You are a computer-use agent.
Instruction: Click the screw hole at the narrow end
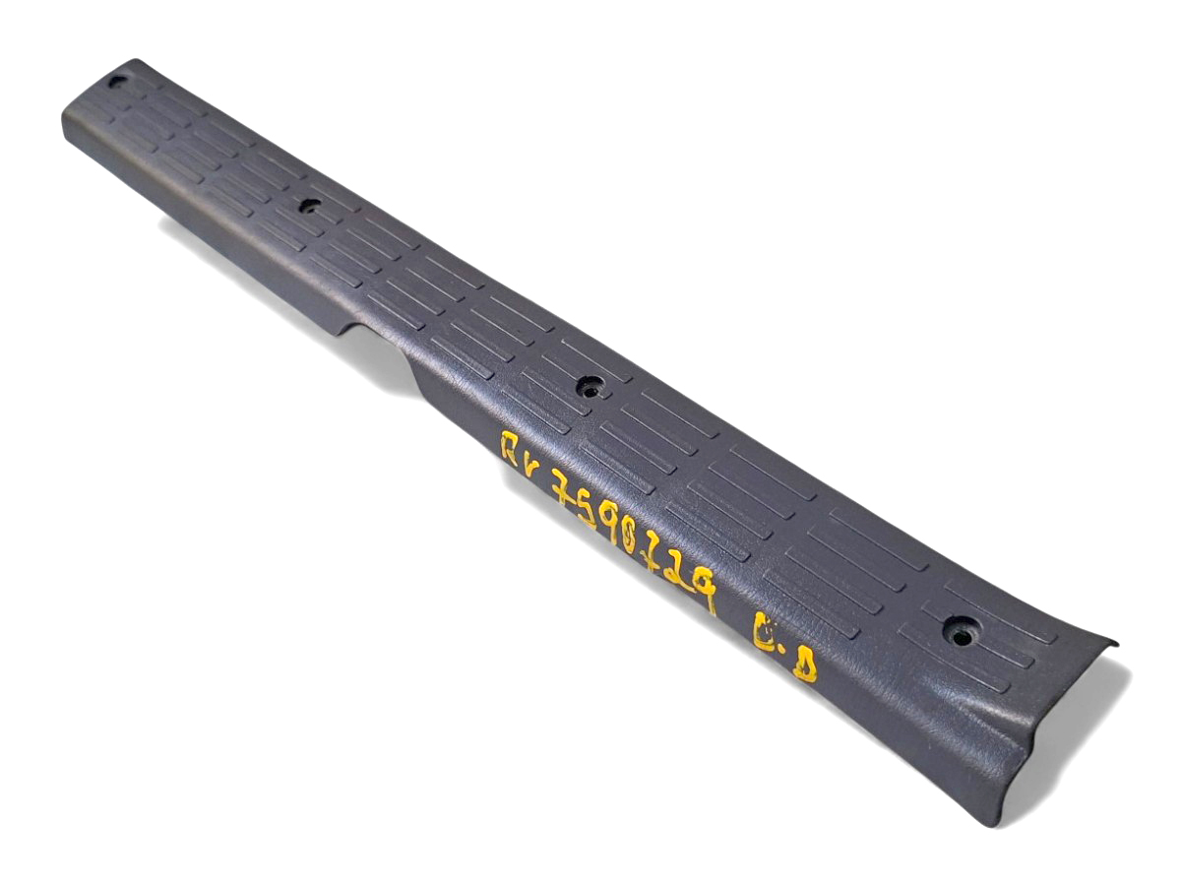(117, 82)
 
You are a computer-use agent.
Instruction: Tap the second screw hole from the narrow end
(309, 207)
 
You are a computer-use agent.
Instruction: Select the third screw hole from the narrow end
(590, 387)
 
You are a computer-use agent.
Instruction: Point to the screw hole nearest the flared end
(961, 633)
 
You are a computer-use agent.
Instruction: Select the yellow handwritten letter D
(805, 666)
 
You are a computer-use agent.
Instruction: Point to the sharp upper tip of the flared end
(1114, 644)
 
